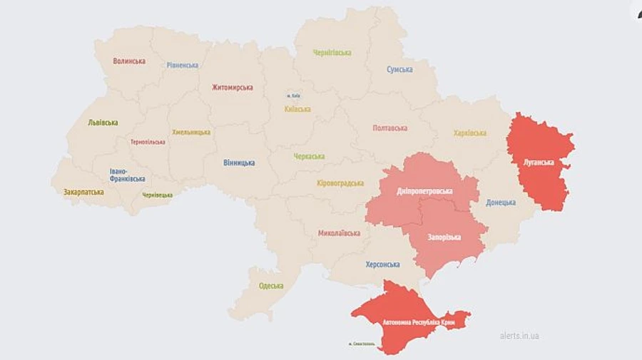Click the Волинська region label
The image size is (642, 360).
[129, 61]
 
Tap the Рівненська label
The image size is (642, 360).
[183, 65]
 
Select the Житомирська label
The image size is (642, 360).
[232, 88]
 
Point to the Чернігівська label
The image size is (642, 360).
[332, 53]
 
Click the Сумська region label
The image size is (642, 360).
[399, 69]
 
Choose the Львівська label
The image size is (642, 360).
[103, 123]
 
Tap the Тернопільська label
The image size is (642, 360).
[148, 142]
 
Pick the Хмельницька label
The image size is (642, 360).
[191, 133]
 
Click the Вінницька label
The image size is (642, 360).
[239, 163]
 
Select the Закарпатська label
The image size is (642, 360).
[83, 192]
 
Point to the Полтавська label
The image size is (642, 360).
[389, 128]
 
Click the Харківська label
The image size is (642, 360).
[469, 133]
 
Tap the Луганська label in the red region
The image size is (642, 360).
[539, 163]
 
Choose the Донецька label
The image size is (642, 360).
[501, 202]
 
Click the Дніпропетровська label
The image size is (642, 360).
[424, 192]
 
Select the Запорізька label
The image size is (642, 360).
[444, 237]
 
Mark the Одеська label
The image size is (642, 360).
[270, 286]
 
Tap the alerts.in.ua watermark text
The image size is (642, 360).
[519, 336]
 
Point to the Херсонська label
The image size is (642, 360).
[382, 264]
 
